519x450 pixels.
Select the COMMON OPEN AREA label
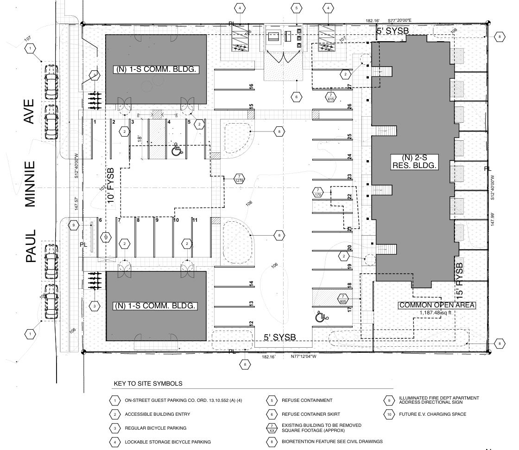point(437,305)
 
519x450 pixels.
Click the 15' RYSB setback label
point(459,280)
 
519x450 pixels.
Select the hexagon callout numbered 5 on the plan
point(296,8)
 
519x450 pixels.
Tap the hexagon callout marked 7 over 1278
point(240,179)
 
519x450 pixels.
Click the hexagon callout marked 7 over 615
point(331,97)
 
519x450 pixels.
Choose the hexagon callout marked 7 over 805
point(343,299)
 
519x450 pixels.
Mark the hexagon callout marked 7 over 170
point(318,193)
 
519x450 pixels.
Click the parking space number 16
point(251,86)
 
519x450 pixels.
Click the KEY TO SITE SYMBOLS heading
point(148,384)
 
